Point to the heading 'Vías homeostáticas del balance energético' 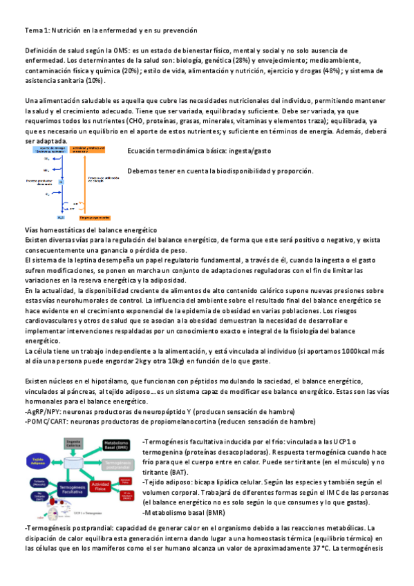(91, 229)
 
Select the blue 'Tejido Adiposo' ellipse (38, 461)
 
